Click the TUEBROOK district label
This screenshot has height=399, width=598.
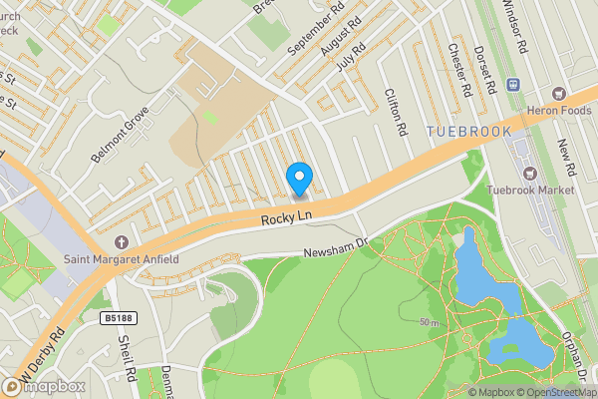click(468, 132)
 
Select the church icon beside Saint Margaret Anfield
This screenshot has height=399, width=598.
click(122, 242)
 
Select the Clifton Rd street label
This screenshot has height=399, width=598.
click(397, 112)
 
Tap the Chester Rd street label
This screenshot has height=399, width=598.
click(459, 70)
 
